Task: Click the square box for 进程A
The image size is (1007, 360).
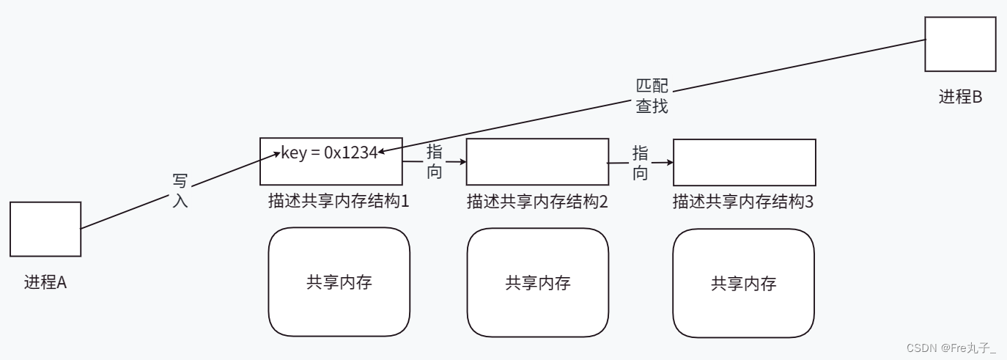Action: (x=45, y=229)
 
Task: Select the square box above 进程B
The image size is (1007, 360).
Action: (x=960, y=44)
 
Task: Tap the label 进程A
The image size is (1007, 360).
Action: (x=45, y=282)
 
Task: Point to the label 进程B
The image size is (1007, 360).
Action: (x=960, y=97)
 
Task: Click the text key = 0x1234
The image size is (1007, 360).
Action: (x=329, y=153)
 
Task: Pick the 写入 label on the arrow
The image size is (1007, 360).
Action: (x=180, y=191)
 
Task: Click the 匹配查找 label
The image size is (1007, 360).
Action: (x=652, y=96)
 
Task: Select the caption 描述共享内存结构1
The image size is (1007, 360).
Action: (x=338, y=202)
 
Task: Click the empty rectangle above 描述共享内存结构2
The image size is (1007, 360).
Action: (x=537, y=162)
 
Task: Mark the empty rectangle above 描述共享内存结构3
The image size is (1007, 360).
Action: (x=744, y=162)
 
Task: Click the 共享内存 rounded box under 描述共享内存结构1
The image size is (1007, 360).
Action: (x=339, y=282)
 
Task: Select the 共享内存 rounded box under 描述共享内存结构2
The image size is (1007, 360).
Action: (x=538, y=282)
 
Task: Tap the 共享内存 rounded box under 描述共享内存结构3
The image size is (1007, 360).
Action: (x=743, y=283)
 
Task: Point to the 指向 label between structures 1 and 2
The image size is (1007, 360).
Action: (x=434, y=162)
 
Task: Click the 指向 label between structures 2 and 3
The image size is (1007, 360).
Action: (x=640, y=163)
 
